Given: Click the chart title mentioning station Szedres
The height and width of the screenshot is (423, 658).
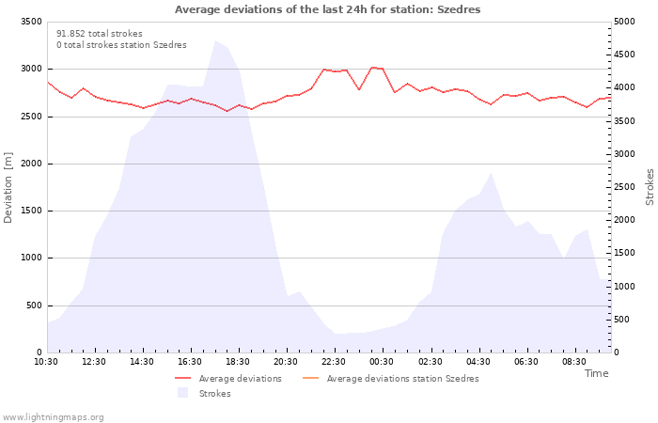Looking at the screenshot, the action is pos(328,9).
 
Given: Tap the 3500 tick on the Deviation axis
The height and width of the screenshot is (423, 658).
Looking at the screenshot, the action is pos(31,22).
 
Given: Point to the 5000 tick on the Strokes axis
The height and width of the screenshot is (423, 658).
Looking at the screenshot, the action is pos(624,22).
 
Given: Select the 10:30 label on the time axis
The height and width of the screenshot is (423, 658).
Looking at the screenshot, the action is pos(46,362).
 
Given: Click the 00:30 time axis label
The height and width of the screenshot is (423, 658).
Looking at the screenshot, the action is pos(382,362).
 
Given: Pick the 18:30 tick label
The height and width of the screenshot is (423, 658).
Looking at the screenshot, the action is pos(238,362).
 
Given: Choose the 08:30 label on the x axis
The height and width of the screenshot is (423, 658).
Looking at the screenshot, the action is pos(574,362).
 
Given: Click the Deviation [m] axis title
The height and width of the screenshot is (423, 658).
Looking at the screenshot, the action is pos(8,188).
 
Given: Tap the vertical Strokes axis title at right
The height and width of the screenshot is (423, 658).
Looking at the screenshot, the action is pos(650,187).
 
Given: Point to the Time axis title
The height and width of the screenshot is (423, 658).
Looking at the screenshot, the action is pos(597,373).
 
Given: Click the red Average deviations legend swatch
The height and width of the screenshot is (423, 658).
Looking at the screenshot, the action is pos(183,379).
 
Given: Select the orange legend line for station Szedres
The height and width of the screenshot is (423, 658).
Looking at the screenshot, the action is pos(310,379).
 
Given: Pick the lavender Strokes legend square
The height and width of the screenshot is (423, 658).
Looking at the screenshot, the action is pos(182,393).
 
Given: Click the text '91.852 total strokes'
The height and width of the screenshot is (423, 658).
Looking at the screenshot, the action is pos(100,34).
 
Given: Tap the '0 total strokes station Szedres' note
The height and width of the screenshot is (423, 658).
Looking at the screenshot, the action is pos(121,45).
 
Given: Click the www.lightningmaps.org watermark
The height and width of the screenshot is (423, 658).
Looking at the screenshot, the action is pos(53,417).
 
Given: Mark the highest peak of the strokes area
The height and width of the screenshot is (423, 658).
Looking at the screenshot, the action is pos(215,40).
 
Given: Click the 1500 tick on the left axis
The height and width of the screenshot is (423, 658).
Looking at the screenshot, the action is pos(31,211).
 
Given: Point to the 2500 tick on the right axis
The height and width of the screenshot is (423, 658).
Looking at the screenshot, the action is pos(624,187).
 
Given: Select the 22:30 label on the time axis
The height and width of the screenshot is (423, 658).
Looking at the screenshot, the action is pos(334,362).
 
